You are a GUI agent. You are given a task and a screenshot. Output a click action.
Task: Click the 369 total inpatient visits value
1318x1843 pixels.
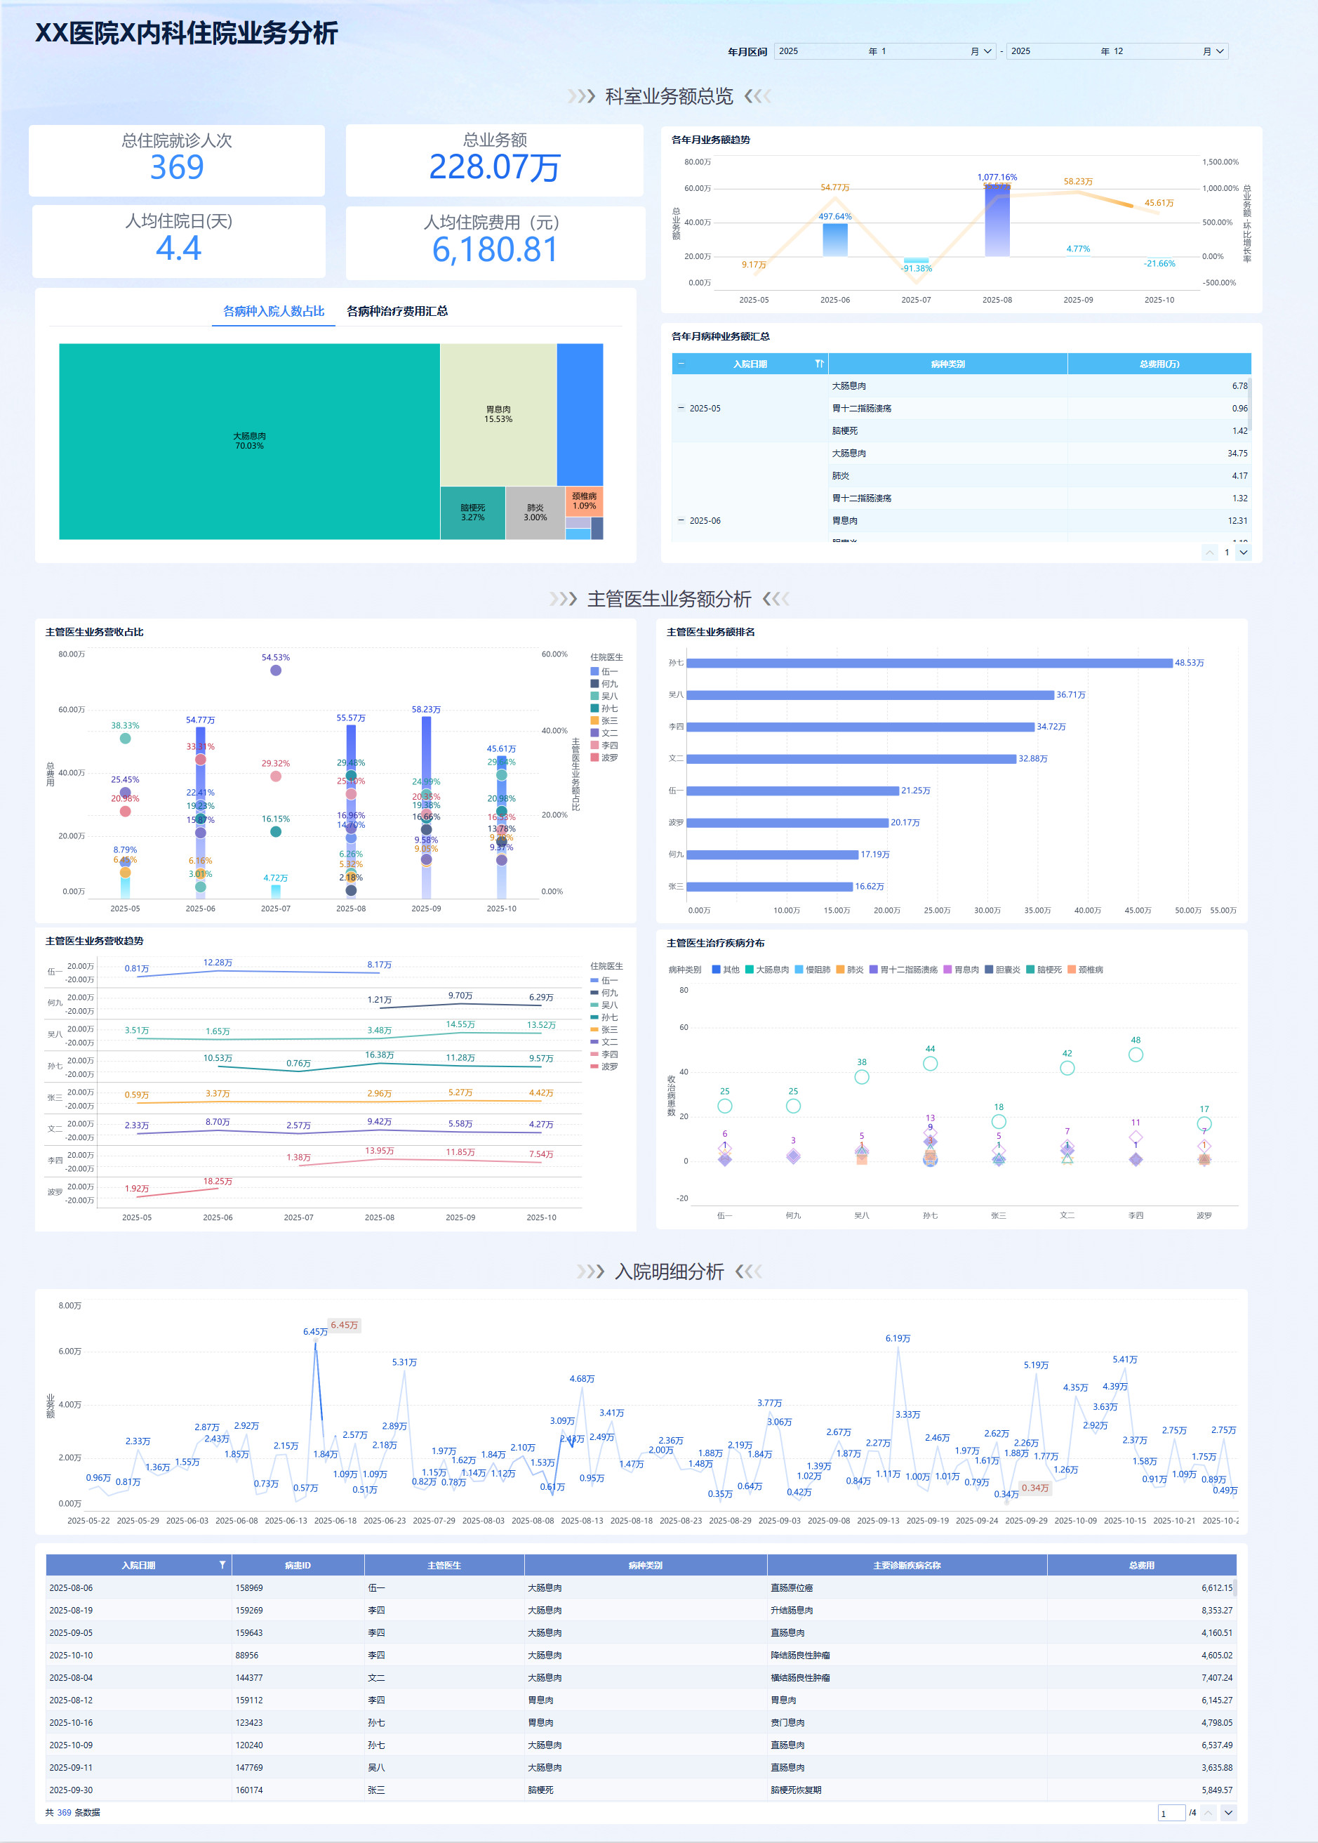point(177,167)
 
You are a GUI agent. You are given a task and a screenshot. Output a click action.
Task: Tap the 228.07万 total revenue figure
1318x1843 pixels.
point(494,167)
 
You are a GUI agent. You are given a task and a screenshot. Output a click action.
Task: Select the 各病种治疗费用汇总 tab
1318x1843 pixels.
point(397,311)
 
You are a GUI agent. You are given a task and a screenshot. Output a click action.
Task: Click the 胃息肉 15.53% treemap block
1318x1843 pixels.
point(498,414)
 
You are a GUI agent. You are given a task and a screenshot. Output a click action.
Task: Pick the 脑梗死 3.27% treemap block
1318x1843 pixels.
point(472,513)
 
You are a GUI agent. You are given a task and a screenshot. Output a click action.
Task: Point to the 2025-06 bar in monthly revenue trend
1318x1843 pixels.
point(834,239)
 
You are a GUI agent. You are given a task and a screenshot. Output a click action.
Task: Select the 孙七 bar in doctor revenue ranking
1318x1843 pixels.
point(928,663)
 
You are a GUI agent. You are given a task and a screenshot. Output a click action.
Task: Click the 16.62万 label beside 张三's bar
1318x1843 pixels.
point(870,887)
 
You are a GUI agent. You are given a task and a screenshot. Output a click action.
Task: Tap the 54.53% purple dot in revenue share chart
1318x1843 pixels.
point(276,671)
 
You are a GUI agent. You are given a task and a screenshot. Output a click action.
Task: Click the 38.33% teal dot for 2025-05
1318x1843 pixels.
point(125,739)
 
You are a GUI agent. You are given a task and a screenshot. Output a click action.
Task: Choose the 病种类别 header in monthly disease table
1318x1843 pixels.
point(947,364)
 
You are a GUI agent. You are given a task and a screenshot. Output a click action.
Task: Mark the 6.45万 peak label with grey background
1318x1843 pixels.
point(344,1325)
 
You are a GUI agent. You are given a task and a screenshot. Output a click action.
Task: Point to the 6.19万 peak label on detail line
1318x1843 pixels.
point(898,1338)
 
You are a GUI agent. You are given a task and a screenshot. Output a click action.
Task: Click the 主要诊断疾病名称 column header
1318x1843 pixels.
point(907,1566)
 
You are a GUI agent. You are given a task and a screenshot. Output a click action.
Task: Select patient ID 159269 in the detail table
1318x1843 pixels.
point(249,1610)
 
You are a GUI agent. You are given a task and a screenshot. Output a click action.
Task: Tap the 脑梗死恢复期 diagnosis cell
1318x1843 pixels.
point(795,1790)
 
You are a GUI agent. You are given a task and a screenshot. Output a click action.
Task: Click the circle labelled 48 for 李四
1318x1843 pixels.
point(1136,1055)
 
